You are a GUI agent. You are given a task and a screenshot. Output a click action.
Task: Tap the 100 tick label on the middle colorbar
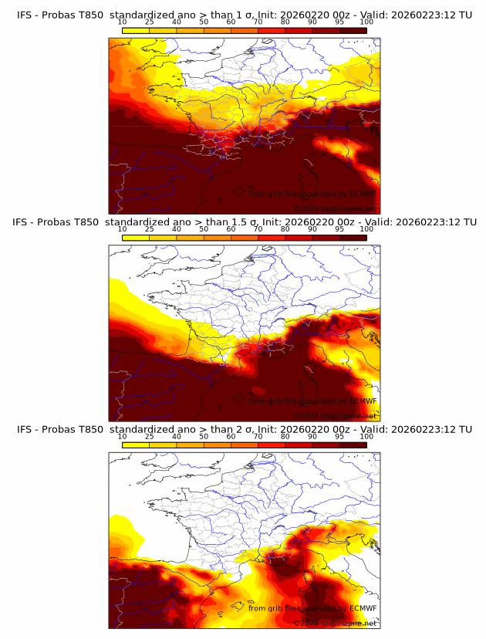[366, 228]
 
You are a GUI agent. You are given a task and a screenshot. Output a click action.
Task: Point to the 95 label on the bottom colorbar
[339, 436]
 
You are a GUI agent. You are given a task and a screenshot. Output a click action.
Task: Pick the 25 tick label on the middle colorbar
[150, 228]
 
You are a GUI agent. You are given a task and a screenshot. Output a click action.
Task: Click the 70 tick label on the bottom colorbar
[258, 436]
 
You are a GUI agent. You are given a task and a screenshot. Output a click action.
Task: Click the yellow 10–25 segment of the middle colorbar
[136, 237]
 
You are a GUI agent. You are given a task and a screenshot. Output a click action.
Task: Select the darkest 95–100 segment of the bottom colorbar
[353, 445]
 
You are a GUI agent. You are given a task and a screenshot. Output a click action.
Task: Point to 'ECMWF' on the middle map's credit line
[363, 401]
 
